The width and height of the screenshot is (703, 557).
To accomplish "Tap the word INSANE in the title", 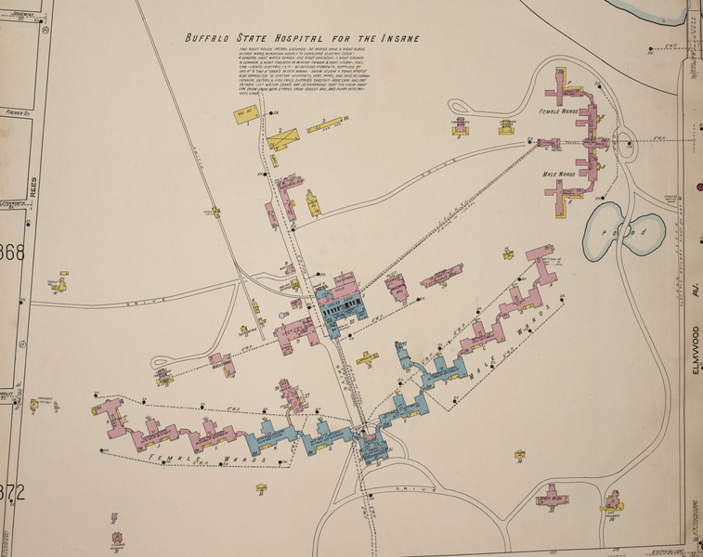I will [x=397, y=39].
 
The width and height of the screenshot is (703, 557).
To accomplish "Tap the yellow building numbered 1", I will [x=246, y=116].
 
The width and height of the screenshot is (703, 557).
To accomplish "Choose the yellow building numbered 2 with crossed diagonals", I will [x=283, y=137].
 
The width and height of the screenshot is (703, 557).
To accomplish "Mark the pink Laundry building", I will [x=301, y=331].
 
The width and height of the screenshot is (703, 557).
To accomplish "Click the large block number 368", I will [x=12, y=253].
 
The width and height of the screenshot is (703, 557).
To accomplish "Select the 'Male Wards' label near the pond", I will [x=562, y=174].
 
